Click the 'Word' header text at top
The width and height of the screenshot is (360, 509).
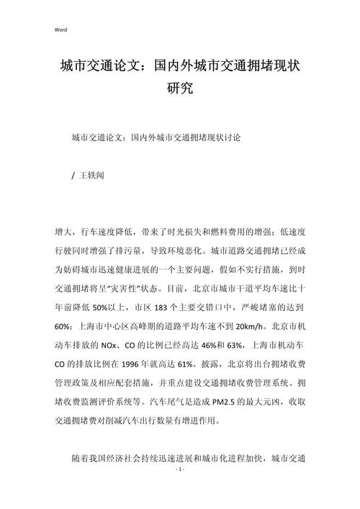pyautogui.click(x=60, y=30)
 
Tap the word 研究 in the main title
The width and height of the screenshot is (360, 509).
pyautogui.click(x=180, y=91)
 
